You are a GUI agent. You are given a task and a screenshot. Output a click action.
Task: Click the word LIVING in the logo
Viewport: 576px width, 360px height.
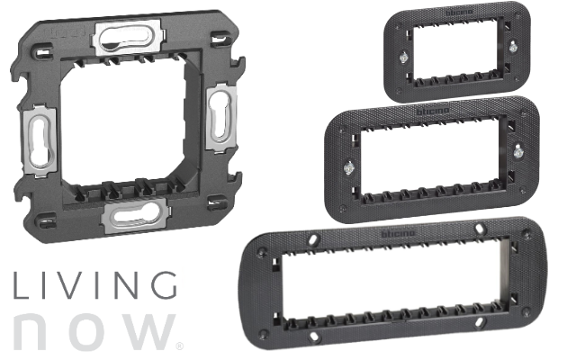pyautogui.click(x=95, y=285)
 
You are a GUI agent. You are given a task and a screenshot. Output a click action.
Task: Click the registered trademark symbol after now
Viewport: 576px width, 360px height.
pyautogui.click(x=180, y=346)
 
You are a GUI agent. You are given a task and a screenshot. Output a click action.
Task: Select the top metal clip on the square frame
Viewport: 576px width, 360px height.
pyautogui.click(x=128, y=38)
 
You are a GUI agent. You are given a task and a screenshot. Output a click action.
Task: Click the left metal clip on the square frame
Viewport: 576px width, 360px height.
pyautogui.click(x=40, y=140)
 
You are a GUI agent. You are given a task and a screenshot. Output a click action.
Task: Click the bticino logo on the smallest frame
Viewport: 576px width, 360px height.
pyautogui.click(x=460, y=13)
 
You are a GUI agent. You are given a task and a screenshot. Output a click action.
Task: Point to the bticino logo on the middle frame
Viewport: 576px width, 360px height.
pyautogui.click(x=433, y=111)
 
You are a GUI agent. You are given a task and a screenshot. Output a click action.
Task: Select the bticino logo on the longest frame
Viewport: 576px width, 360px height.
pyautogui.click(x=398, y=234)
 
